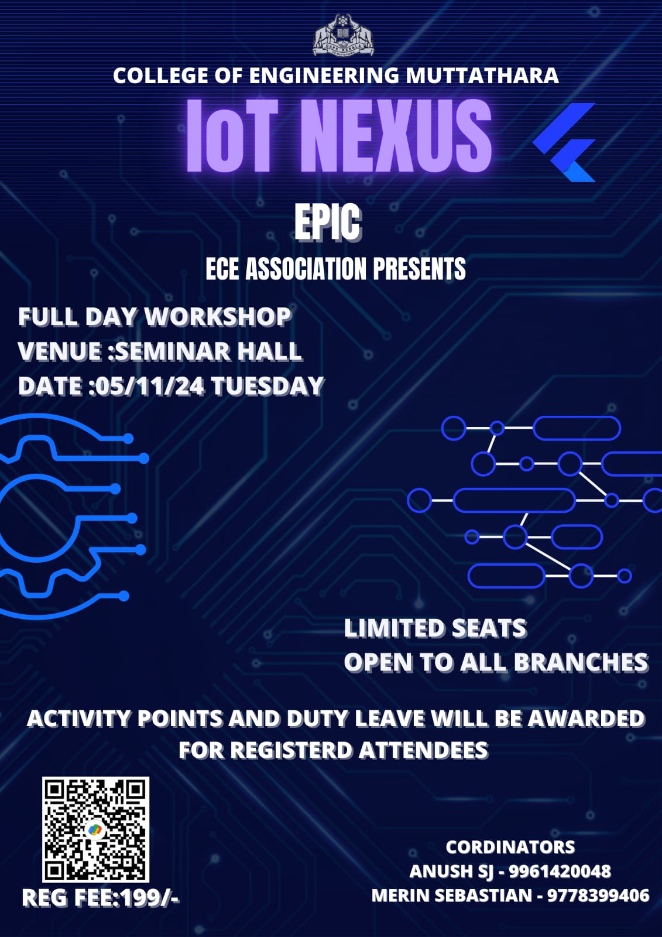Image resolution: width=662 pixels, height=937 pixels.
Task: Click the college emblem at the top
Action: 343,35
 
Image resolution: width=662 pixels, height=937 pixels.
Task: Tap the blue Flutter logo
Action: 564,142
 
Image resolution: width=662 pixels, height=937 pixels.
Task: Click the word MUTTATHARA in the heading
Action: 482,76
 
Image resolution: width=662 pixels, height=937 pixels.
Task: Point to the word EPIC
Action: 328,223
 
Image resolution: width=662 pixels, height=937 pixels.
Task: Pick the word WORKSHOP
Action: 218,316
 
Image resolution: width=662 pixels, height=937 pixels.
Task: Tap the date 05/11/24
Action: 149,386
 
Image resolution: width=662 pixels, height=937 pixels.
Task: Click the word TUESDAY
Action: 267,386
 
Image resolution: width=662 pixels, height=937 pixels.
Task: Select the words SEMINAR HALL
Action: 208,351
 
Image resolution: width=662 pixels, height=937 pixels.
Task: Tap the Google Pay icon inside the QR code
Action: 95,830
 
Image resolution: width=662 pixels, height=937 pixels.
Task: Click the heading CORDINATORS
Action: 510,847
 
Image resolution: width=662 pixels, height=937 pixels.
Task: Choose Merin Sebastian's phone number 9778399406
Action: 598,895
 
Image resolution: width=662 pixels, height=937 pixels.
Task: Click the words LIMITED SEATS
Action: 435,628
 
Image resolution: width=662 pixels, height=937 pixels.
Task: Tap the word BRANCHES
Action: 581,662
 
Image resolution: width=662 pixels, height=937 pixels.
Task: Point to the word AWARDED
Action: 586,719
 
